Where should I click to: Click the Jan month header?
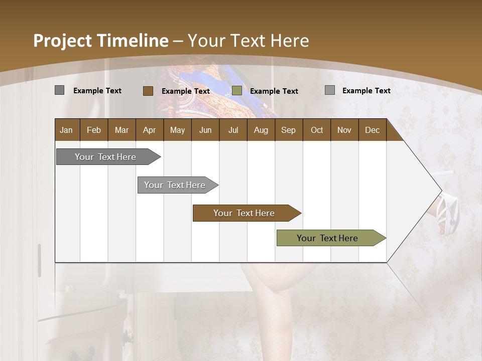pos(66,130)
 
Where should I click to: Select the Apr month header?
pos(149,130)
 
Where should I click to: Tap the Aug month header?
pos(261,130)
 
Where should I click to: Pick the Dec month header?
pos(372,130)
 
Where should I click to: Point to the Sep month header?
pos(288,130)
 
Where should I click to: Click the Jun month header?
pos(205,130)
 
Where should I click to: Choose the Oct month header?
pos(316,130)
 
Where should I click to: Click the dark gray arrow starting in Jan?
pos(105,157)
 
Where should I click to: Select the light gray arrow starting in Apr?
pos(175,185)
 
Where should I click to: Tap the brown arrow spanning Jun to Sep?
pos(244,213)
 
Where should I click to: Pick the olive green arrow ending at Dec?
pos(327,238)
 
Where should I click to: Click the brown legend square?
pos(148,91)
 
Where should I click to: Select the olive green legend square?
pos(237,91)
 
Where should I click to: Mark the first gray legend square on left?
pos(59,90)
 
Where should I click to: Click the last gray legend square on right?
pos(329,90)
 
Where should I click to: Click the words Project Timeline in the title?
pos(100,41)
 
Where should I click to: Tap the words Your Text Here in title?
pos(248,41)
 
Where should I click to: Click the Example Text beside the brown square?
pos(185,91)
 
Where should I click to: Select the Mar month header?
pos(122,130)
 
